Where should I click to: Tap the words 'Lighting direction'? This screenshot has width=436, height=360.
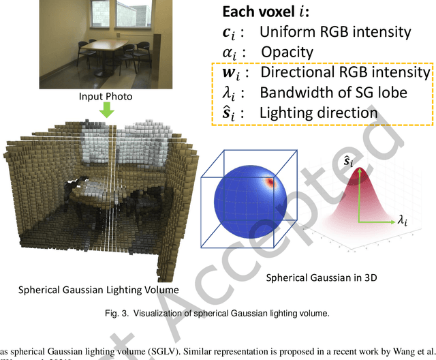[x=318, y=112]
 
